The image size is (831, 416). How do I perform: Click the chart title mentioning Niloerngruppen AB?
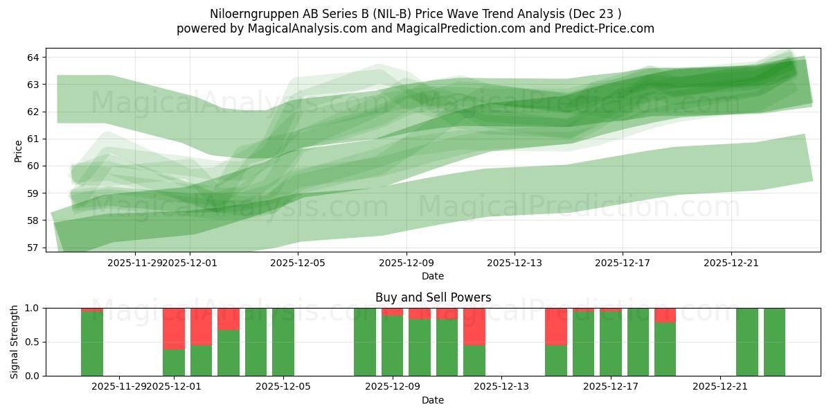pos(415,14)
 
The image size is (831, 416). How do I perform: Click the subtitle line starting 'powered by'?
pos(415,28)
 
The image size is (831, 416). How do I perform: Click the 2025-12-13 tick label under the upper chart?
pos(514,263)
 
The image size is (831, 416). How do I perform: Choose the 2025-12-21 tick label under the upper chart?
pos(731,263)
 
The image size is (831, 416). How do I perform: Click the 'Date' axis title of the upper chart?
pos(433,276)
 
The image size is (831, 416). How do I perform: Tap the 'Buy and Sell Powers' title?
pos(433,297)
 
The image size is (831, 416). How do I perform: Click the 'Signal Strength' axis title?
pos(15,341)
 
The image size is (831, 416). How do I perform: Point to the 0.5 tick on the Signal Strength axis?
pos(33,342)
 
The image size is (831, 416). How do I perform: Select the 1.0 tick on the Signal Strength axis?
pos(33,308)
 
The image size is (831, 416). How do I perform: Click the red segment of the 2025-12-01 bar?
pos(174,328)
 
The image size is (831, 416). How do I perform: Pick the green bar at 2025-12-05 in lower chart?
pos(283,342)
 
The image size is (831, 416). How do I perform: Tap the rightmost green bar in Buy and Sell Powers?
pos(774,342)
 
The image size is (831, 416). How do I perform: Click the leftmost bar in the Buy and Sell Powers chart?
pos(92,343)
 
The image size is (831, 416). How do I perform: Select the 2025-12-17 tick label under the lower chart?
pos(611,387)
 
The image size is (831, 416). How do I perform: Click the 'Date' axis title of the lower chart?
pos(433,400)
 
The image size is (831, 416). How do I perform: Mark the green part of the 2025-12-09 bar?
pos(392,347)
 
